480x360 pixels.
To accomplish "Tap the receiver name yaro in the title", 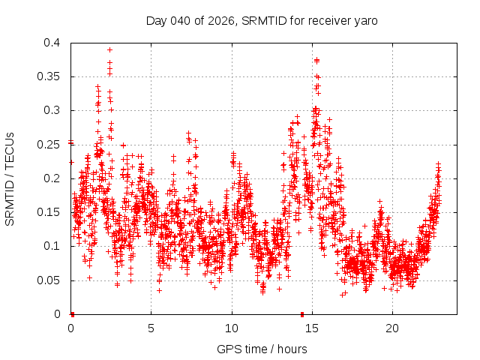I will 364,21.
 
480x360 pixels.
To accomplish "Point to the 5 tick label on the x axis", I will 151,328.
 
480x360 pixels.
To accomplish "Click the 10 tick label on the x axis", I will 232,328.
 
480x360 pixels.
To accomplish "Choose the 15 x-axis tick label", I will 312,328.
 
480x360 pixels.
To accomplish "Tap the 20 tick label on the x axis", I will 392,328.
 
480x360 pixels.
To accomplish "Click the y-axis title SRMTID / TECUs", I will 10,178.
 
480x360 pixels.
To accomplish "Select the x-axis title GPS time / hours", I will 263,349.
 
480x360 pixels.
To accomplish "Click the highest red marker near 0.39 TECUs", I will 109,50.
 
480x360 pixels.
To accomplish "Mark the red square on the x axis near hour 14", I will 302,314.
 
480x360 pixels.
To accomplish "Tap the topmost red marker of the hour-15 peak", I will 316,60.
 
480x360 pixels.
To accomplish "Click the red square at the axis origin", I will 72,314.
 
